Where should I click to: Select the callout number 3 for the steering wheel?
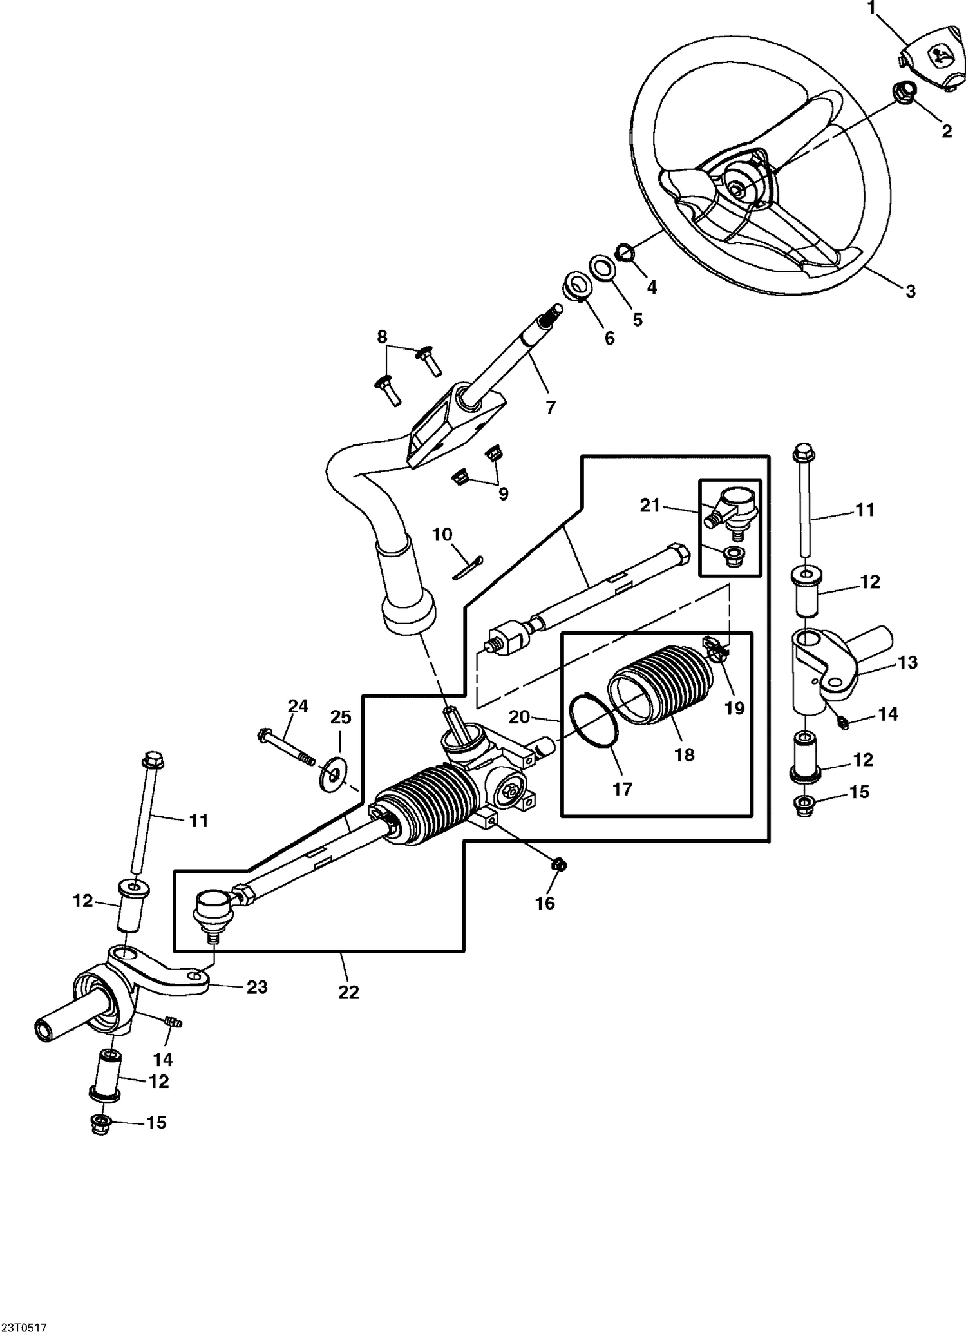[x=910, y=291]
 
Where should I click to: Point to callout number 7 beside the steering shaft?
[x=551, y=407]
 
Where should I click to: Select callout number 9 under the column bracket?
[x=503, y=494]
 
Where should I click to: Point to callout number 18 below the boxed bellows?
[x=685, y=754]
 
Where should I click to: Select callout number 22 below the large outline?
[x=348, y=992]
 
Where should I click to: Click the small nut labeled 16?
[x=559, y=865]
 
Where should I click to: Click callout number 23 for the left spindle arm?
[x=257, y=987]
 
